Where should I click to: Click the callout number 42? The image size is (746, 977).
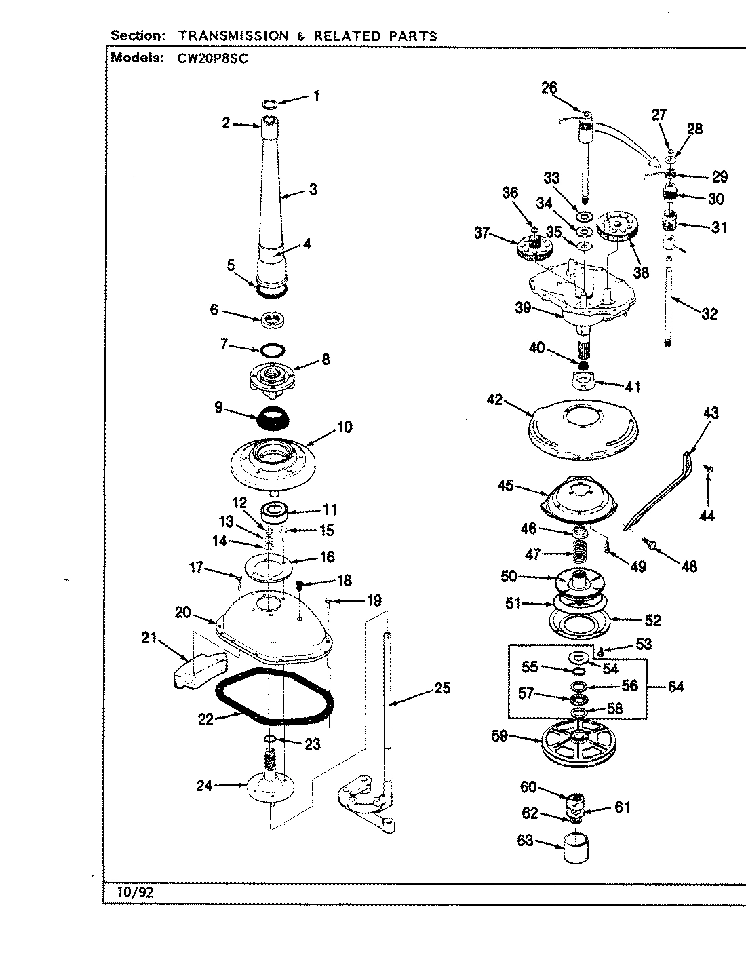pos(494,400)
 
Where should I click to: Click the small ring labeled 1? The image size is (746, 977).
pos(269,104)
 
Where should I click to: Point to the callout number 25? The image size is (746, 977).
pos(442,689)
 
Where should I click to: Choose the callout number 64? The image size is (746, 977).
pos(675,687)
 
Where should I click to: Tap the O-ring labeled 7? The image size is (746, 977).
pos(273,350)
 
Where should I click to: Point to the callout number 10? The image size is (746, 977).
pos(344,427)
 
